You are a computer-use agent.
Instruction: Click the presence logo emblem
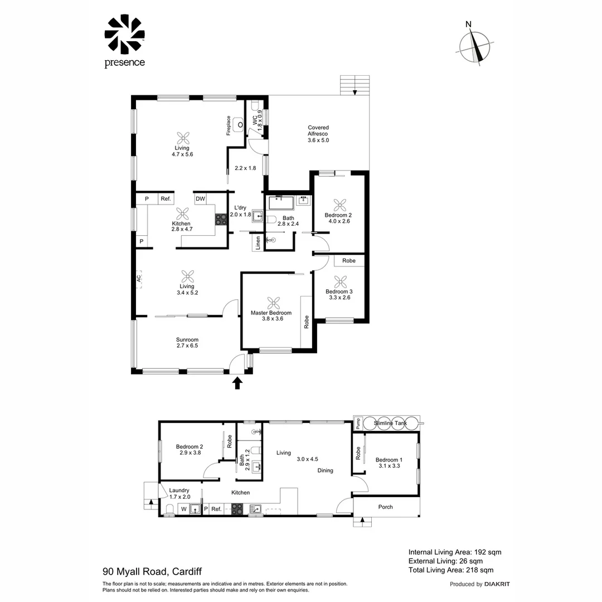[x=124, y=35]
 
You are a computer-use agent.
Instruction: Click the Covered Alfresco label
[x=318, y=134]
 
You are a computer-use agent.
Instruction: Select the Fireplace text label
[x=228, y=126]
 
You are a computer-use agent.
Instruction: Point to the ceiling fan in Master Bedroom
[x=273, y=303]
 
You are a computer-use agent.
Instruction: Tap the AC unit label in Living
[x=139, y=279]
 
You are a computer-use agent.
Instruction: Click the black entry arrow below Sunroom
[x=237, y=382]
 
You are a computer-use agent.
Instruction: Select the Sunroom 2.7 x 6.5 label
[x=187, y=343]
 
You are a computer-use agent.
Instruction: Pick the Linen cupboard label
[x=258, y=243]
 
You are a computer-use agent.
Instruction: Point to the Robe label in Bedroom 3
[x=349, y=260]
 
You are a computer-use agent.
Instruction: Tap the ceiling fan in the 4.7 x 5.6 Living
[x=183, y=138]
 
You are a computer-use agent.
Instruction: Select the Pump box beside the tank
[x=358, y=423]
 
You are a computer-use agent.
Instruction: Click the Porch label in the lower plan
[x=385, y=507]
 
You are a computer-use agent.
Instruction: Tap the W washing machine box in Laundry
[x=183, y=509]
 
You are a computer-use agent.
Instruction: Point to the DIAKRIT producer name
[x=497, y=584]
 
